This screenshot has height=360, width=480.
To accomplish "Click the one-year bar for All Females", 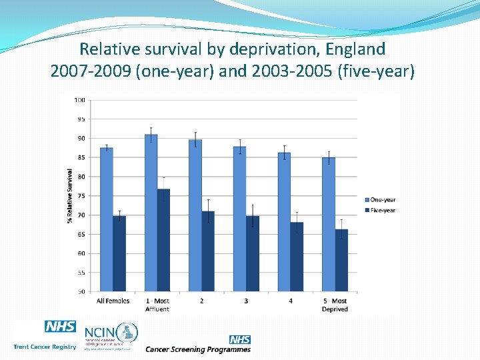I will tap(106, 219).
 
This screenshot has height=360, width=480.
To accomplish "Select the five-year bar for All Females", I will tap(119, 253).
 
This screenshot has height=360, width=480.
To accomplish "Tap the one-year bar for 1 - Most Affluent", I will tap(151, 213).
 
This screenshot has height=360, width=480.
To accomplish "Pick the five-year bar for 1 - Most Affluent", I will tap(164, 240).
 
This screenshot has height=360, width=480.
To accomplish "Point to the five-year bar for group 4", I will tap(297, 257).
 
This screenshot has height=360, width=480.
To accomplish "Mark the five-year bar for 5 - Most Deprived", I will tap(341, 260).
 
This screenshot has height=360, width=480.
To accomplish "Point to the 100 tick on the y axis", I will tap(79, 100).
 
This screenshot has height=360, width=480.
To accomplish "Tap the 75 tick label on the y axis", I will tap(81, 196).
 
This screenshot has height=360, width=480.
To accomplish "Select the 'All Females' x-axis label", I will tap(113, 301).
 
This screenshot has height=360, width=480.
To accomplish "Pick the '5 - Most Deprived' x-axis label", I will tap(335, 305).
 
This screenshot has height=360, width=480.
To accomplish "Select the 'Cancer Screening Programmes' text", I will tap(198, 349).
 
